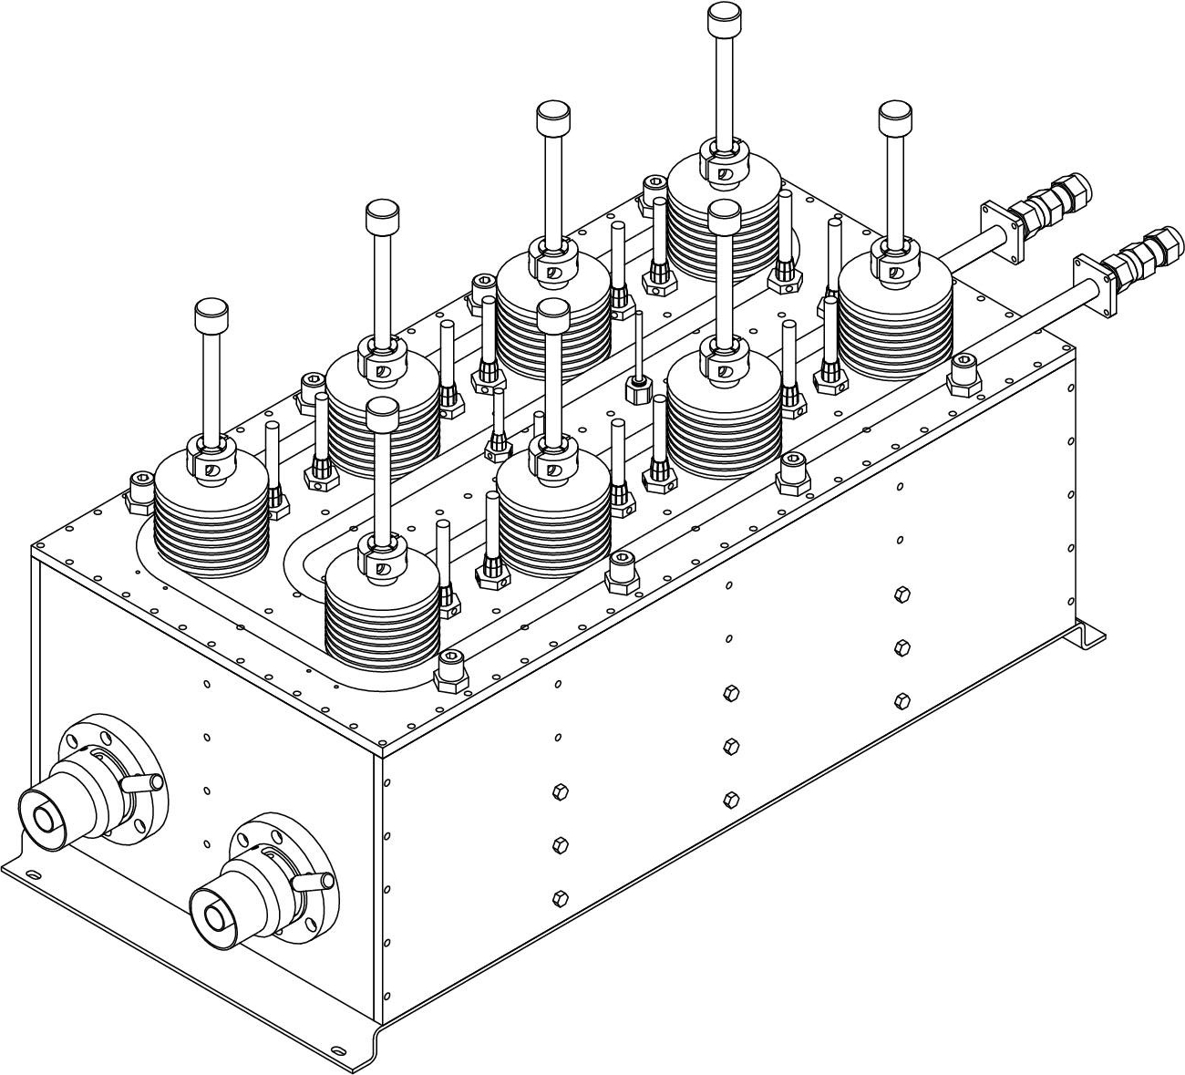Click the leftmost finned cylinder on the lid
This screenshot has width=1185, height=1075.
(211, 520)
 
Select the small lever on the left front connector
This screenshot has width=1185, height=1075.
(146, 782)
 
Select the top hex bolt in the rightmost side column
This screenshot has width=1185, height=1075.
(902, 594)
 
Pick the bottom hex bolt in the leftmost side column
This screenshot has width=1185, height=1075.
(561, 897)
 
